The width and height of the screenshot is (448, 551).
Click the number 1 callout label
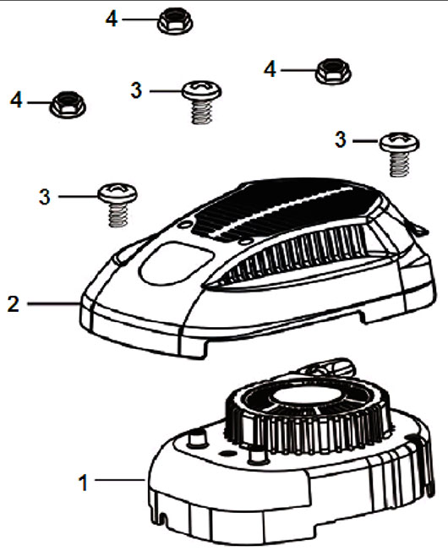click(84, 483)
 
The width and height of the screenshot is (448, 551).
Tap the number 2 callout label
click(14, 304)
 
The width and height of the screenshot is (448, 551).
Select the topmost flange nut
click(175, 22)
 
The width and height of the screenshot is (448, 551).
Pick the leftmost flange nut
click(68, 105)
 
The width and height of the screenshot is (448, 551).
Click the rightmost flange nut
click(333, 72)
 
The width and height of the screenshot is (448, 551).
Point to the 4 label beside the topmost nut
click(112, 19)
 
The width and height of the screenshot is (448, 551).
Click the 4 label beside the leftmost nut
click(16, 101)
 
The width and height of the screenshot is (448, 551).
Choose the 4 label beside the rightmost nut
click(270, 69)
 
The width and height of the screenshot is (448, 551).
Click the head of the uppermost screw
click(202, 90)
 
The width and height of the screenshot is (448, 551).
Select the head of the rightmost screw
click(399, 142)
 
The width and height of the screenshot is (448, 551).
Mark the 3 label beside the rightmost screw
click(340, 139)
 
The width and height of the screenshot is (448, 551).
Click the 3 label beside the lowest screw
click(45, 197)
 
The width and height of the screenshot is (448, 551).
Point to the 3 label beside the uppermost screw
click(136, 90)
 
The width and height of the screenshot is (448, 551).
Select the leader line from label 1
click(120, 479)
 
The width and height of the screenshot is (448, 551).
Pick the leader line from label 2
click(53, 303)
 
